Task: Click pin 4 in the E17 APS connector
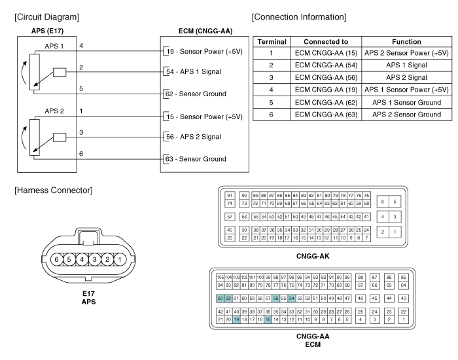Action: [x=82, y=259]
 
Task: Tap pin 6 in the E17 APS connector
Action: [x=57, y=259]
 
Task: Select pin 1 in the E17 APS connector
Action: [x=120, y=259]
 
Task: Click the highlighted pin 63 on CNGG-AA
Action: [x=220, y=298]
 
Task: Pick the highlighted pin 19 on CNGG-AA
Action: [x=236, y=319]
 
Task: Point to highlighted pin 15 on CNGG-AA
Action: [x=268, y=319]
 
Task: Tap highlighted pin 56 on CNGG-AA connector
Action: [x=275, y=298]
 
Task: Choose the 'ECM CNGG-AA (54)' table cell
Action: [x=326, y=65]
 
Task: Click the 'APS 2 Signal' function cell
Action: [x=406, y=77]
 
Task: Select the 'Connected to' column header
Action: [x=326, y=42]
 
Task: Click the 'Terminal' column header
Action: [x=272, y=42]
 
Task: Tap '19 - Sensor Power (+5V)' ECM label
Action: [x=204, y=52]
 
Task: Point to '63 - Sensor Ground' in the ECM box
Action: [x=196, y=159]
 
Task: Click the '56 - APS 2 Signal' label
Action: [x=194, y=137]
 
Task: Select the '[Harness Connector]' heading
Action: [x=54, y=190]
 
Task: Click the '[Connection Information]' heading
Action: [x=299, y=17]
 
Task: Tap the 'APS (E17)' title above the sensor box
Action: [x=47, y=31]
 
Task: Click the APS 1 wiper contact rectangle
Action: [x=60, y=72]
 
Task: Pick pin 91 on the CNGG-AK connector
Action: [x=230, y=196]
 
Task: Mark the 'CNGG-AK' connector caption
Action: [x=313, y=257]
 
